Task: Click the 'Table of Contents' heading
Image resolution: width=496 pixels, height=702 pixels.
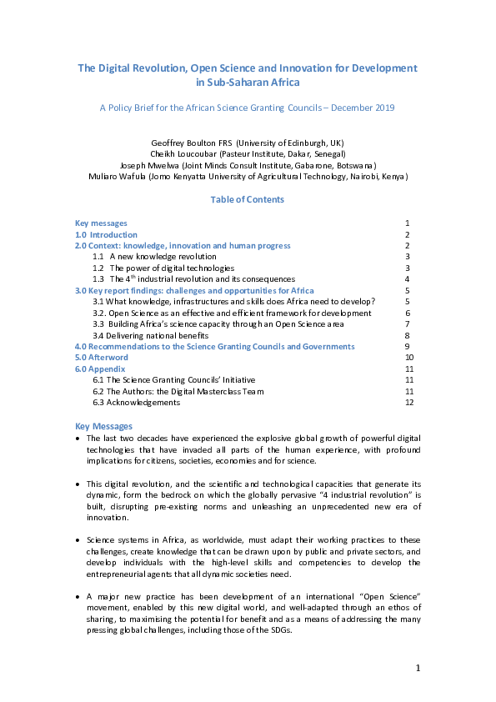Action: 248,199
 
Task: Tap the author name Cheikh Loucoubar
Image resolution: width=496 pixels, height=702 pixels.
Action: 182,153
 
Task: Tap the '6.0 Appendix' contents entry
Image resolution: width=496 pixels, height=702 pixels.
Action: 99,369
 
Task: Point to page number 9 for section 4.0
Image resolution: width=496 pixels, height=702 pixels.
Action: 406,346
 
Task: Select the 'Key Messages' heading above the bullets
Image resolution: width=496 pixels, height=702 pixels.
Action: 103,426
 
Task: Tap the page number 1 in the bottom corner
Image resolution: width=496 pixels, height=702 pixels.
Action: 418,668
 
